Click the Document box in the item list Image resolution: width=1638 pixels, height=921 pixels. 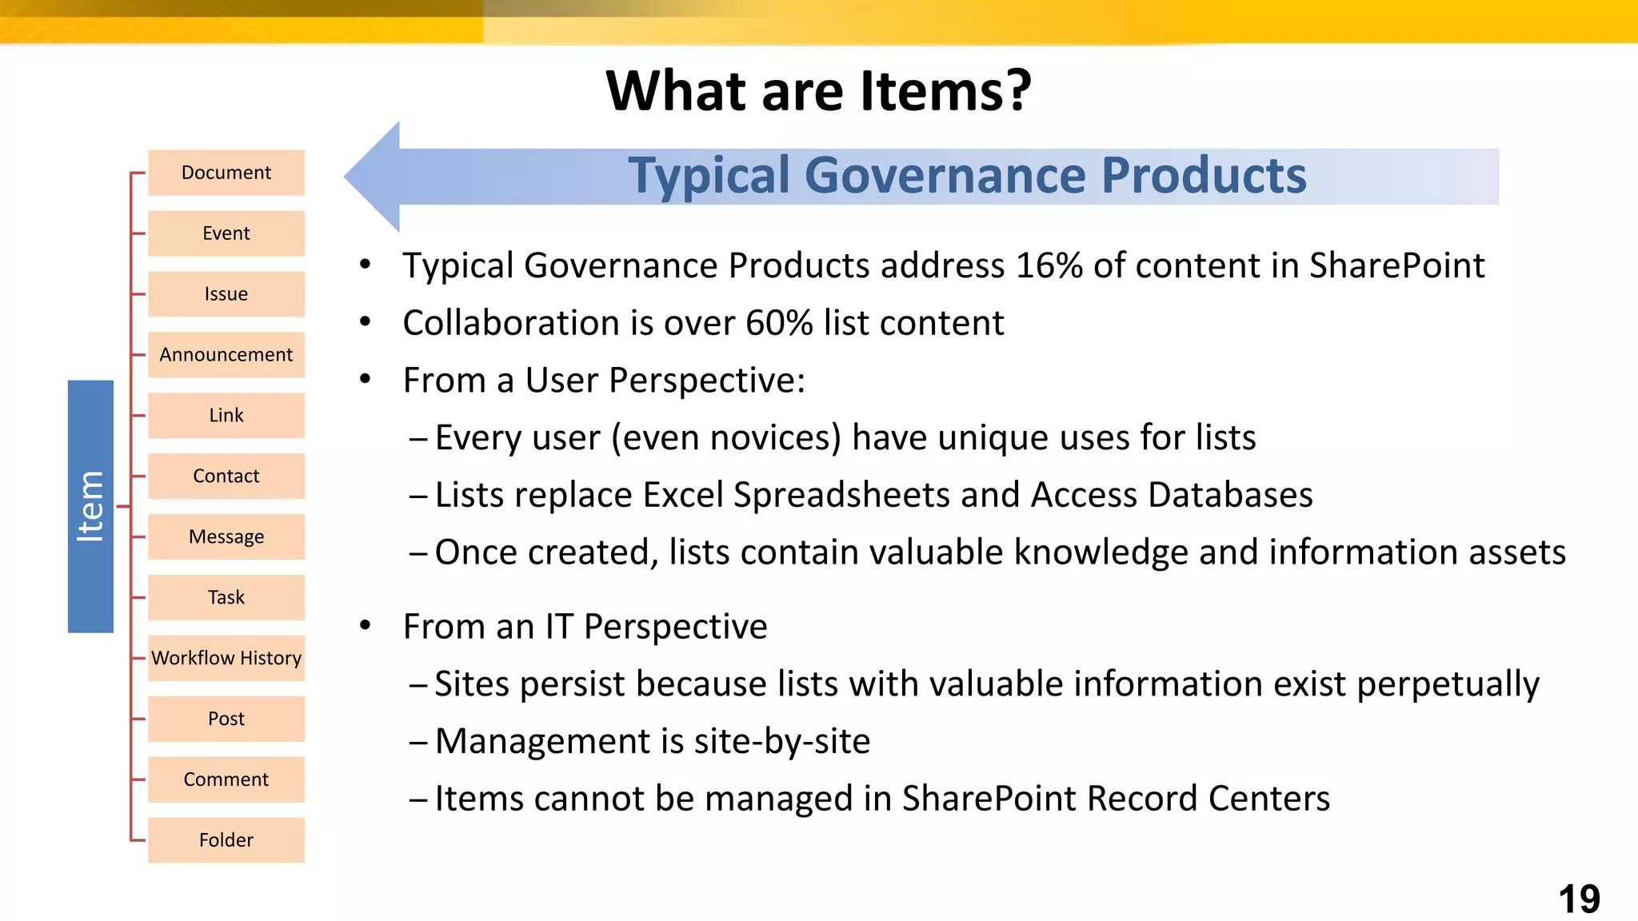tap(226, 173)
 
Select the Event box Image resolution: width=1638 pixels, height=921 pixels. tap(226, 233)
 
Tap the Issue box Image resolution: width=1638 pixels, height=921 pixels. tap(226, 294)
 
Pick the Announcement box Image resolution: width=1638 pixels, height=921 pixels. tap(226, 355)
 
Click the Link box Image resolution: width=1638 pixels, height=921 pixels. tap(226, 416)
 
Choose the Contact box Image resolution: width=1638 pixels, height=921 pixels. tap(226, 476)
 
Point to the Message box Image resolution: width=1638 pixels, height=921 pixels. tap(226, 537)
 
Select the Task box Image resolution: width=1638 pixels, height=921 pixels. tap(226, 598)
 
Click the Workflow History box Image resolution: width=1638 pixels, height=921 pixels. tap(226, 659)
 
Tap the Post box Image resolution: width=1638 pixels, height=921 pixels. tap(226, 720)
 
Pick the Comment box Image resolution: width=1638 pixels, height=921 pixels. tap(226, 779)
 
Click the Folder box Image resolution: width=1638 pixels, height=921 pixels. tap(226, 840)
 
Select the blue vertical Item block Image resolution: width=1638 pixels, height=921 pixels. tap(90, 507)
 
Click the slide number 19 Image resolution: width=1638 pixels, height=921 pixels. tap(1579, 899)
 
